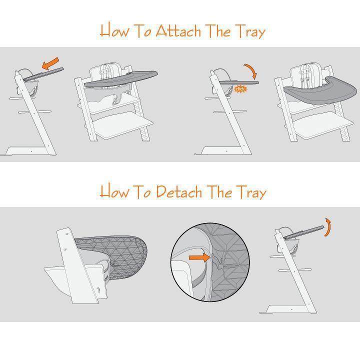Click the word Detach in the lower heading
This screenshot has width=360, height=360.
point(177,192)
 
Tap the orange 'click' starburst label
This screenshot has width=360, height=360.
point(240,89)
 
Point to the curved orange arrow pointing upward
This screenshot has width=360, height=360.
point(328,226)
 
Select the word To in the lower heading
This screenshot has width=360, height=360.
point(142,192)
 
